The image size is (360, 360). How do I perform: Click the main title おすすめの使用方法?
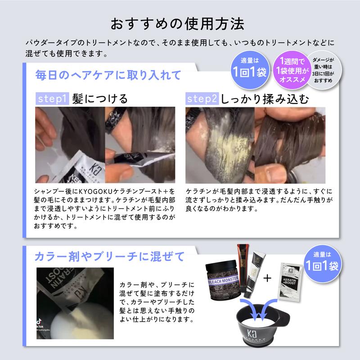[177, 24]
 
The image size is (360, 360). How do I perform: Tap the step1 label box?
[52, 99]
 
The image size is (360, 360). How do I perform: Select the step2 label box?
[202, 99]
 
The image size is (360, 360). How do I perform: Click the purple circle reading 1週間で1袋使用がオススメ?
[292, 70]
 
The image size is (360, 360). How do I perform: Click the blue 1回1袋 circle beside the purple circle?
[250, 70]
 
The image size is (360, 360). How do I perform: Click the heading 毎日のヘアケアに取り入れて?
[108, 75]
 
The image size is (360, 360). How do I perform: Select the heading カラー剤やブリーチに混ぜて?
[109, 256]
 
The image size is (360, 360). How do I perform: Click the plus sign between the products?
[267, 278]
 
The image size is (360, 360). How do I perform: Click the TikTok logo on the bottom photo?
[39, 321]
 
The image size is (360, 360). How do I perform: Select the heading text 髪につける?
[100, 99]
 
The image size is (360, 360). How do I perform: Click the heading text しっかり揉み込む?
[265, 99]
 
